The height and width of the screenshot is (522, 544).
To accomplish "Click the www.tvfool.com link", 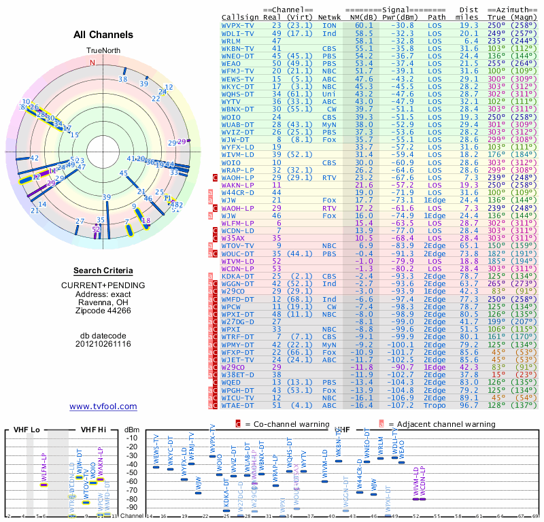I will click(x=103, y=406).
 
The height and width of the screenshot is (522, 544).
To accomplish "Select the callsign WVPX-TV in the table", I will click(x=238, y=24).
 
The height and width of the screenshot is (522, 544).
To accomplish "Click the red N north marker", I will click(x=93, y=62).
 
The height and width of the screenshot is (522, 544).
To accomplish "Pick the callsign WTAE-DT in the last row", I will click(x=238, y=404).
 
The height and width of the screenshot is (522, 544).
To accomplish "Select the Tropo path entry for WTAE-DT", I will click(x=437, y=404).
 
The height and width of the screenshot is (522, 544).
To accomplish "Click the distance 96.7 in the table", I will click(x=469, y=404).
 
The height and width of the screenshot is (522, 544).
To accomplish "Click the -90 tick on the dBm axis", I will click(x=133, y=507).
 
